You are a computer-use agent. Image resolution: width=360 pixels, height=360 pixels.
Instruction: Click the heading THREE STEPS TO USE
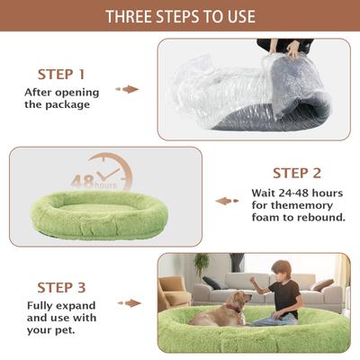[180, 16]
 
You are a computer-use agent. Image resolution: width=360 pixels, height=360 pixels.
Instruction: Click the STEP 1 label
[61, 74]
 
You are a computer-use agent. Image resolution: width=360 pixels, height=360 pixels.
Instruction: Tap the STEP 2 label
[296, 174]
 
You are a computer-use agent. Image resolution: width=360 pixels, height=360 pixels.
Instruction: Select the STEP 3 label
[61, 288]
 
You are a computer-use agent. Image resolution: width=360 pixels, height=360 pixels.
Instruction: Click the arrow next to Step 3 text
[132, 303]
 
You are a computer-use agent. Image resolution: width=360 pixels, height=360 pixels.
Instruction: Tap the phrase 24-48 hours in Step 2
[302, 191]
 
